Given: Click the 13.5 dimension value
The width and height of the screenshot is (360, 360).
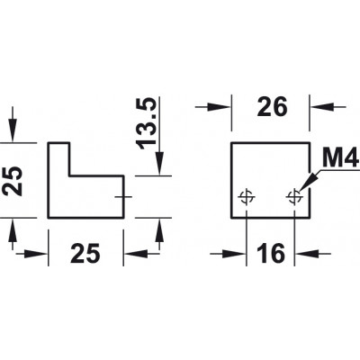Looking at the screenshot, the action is tap(146, 123).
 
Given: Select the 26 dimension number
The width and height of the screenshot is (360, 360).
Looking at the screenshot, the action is tap(272, 107).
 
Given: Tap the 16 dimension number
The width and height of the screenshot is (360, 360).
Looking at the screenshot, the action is tap(270, 254).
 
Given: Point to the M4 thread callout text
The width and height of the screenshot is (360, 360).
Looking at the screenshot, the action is tap(341, 158).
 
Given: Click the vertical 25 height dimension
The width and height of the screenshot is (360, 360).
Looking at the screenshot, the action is tap(13, 181).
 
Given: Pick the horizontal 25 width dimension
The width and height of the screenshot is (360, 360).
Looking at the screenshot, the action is tap(85, 254).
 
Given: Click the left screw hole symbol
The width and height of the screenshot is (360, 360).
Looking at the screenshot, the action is tap(247, 197).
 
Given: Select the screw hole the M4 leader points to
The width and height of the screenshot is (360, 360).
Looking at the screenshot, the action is tap(295, 197).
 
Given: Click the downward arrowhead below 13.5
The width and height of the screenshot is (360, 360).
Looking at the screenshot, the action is tap(159, 163).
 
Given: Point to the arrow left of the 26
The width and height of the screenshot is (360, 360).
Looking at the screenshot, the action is tap(213, 106).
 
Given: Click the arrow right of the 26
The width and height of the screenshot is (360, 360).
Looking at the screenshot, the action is tap(328, 106).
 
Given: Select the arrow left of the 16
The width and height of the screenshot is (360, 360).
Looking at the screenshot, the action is tap(228, 254).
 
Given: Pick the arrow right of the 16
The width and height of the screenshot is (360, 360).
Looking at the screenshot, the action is tap(313, 254).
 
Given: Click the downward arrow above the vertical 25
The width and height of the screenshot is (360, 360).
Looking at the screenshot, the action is tap(13, 124).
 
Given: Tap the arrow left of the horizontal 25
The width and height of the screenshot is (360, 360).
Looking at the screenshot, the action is tap(32, 254).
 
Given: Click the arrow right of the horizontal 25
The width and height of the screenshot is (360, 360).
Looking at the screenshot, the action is tap(141, 254).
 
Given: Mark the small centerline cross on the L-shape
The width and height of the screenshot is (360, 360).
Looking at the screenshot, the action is tap(123, 197).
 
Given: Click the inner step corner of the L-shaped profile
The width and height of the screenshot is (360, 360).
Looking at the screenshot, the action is tap(70, 175).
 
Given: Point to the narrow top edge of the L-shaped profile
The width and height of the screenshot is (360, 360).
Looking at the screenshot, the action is tap(59, 143).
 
